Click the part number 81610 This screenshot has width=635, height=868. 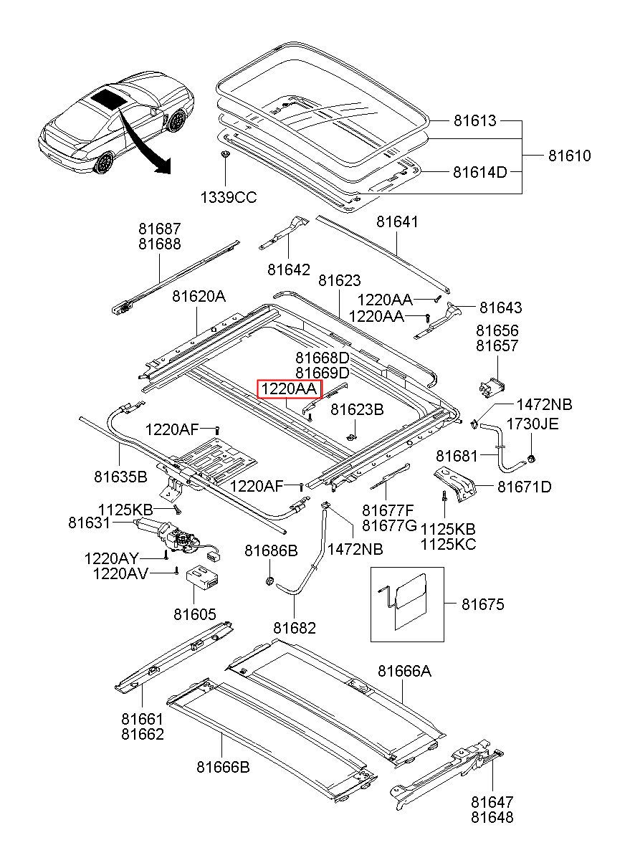(x=570, y=156)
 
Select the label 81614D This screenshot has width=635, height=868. (x=479, y=172)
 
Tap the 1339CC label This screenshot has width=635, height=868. (x=229, y=198)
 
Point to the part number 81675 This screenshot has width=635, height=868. (x=482, y=605)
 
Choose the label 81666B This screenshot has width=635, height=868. (x=223, y=767)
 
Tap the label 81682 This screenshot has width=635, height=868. (x=294, y=628)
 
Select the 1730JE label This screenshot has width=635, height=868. (x=533, y=424)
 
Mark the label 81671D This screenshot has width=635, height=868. (x=525, y=487)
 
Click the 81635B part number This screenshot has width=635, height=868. (x=120, y=476)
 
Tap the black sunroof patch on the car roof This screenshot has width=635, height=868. (x=109, y=97)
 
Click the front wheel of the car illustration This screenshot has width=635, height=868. (x=105, y=163)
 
